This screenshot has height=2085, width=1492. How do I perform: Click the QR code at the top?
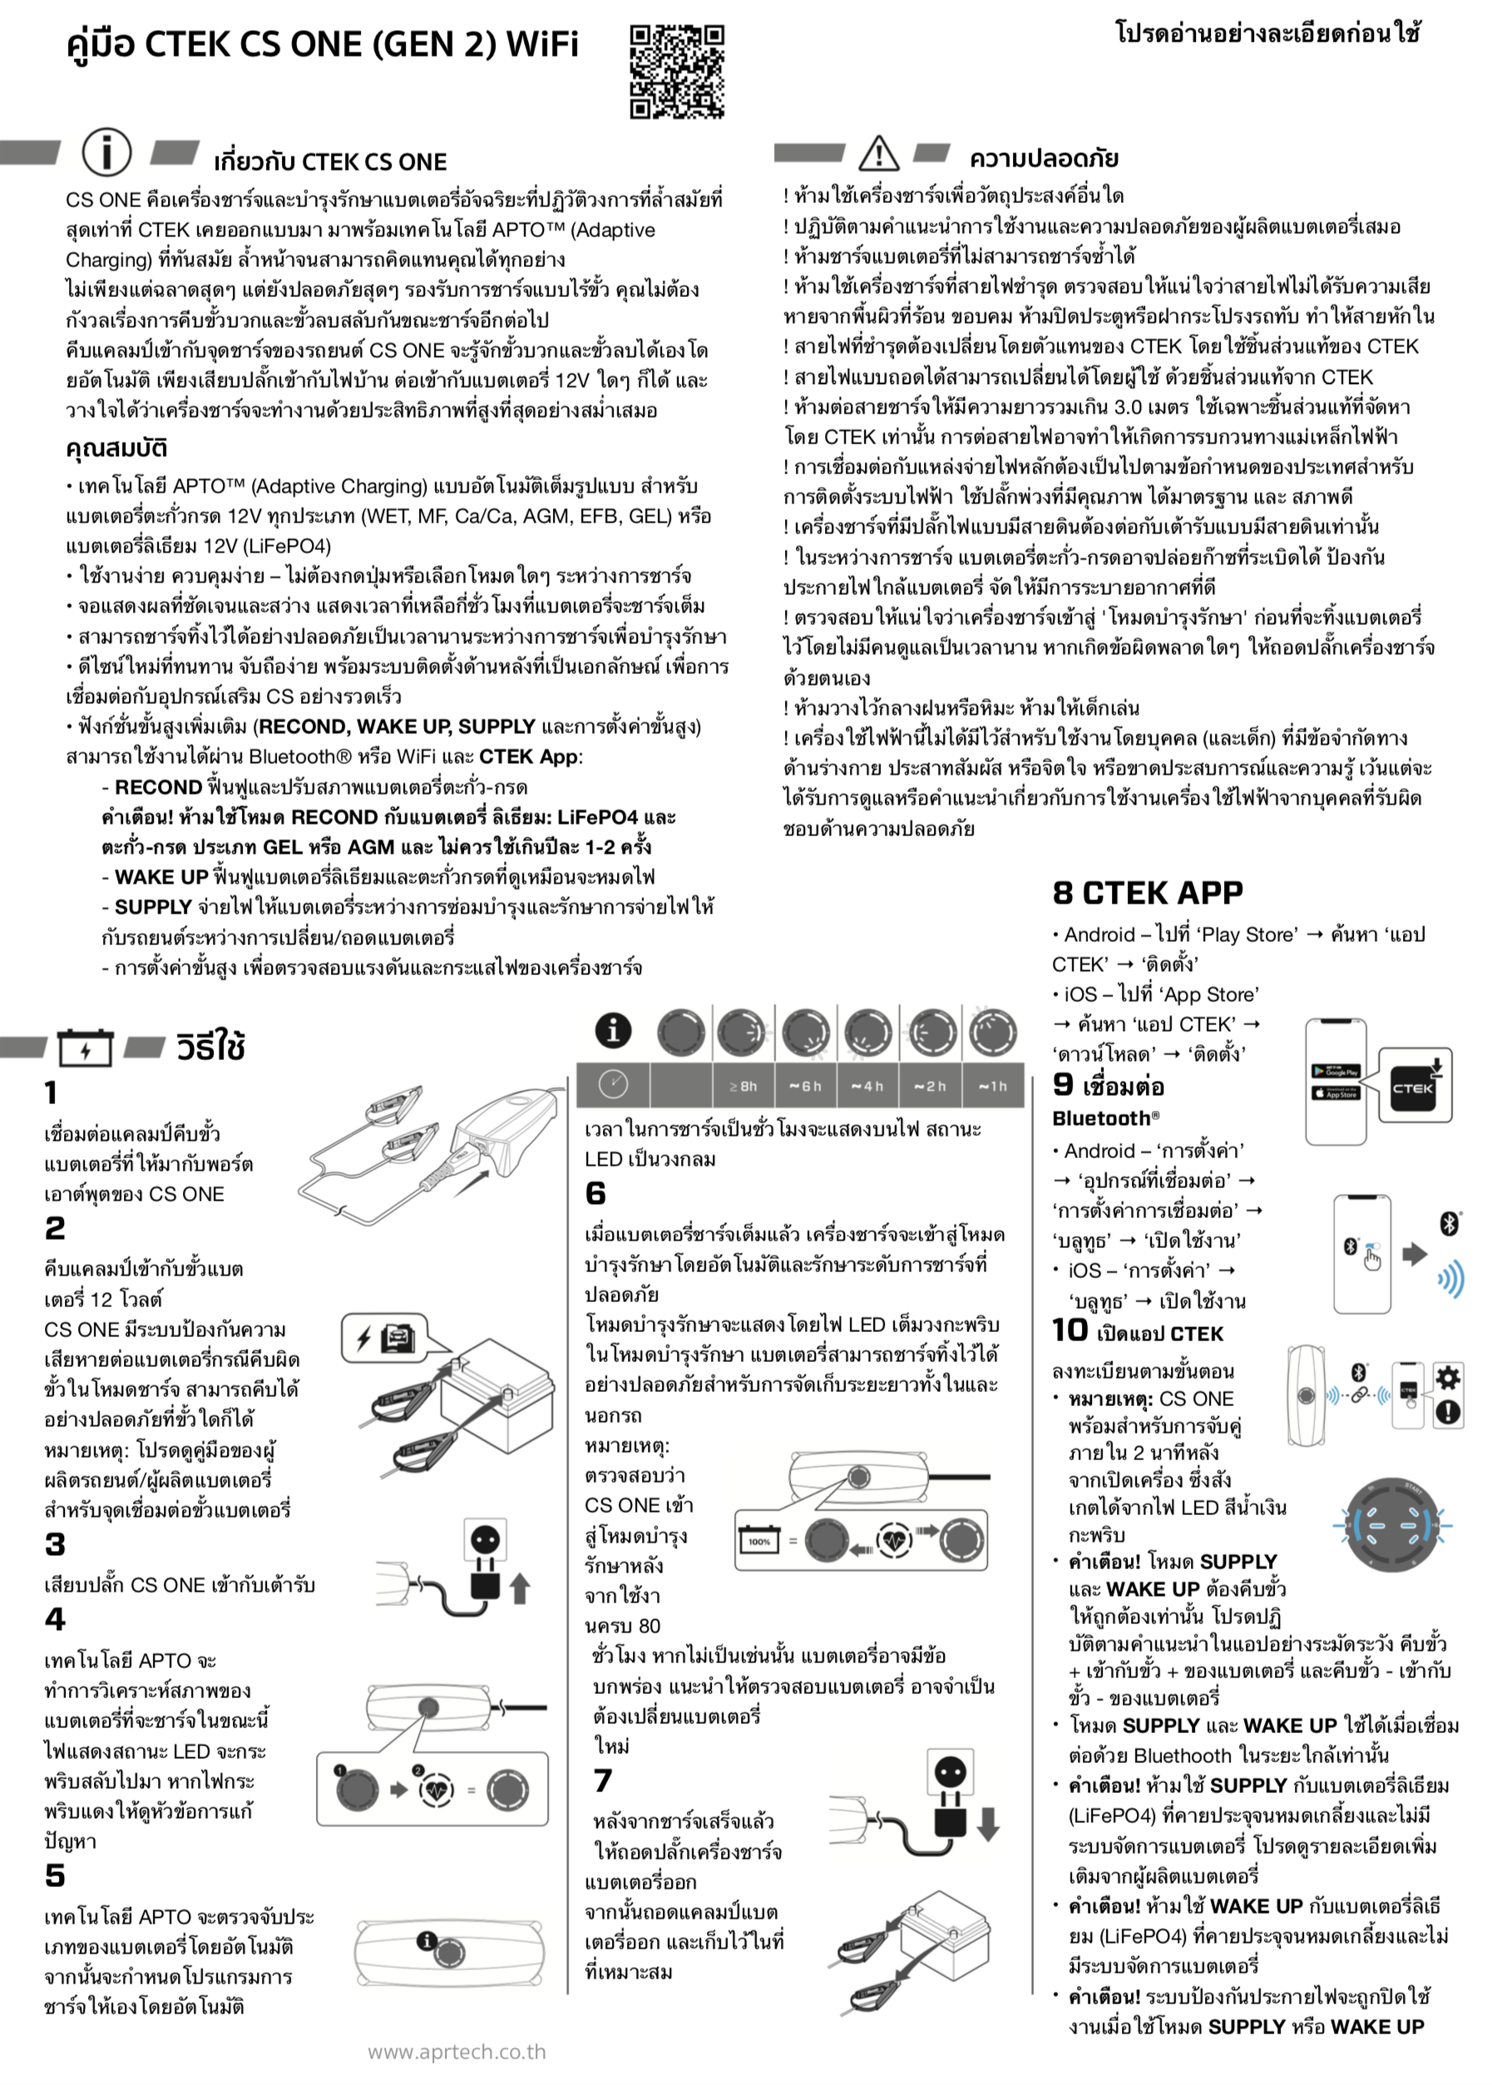click(677, 72)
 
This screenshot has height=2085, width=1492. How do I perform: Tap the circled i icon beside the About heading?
click(106, 151)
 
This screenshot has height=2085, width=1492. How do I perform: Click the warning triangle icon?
click(878, 152)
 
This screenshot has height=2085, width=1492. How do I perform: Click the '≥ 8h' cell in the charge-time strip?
click(744, 1086)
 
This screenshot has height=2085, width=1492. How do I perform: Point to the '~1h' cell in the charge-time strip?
click(992, 1086)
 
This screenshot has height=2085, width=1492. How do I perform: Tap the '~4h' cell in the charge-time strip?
click(867, 1086)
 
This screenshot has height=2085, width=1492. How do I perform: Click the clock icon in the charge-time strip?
click(613, 1085)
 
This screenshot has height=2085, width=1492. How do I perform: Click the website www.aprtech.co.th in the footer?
click(457, 2052)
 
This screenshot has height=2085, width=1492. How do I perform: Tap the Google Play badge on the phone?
click(1336, 1072)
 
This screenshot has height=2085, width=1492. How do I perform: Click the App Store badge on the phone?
click(1336, 1092)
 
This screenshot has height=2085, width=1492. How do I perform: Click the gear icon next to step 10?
click(1448, 1376)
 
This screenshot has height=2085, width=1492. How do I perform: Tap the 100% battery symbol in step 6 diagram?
click(760, 1540)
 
